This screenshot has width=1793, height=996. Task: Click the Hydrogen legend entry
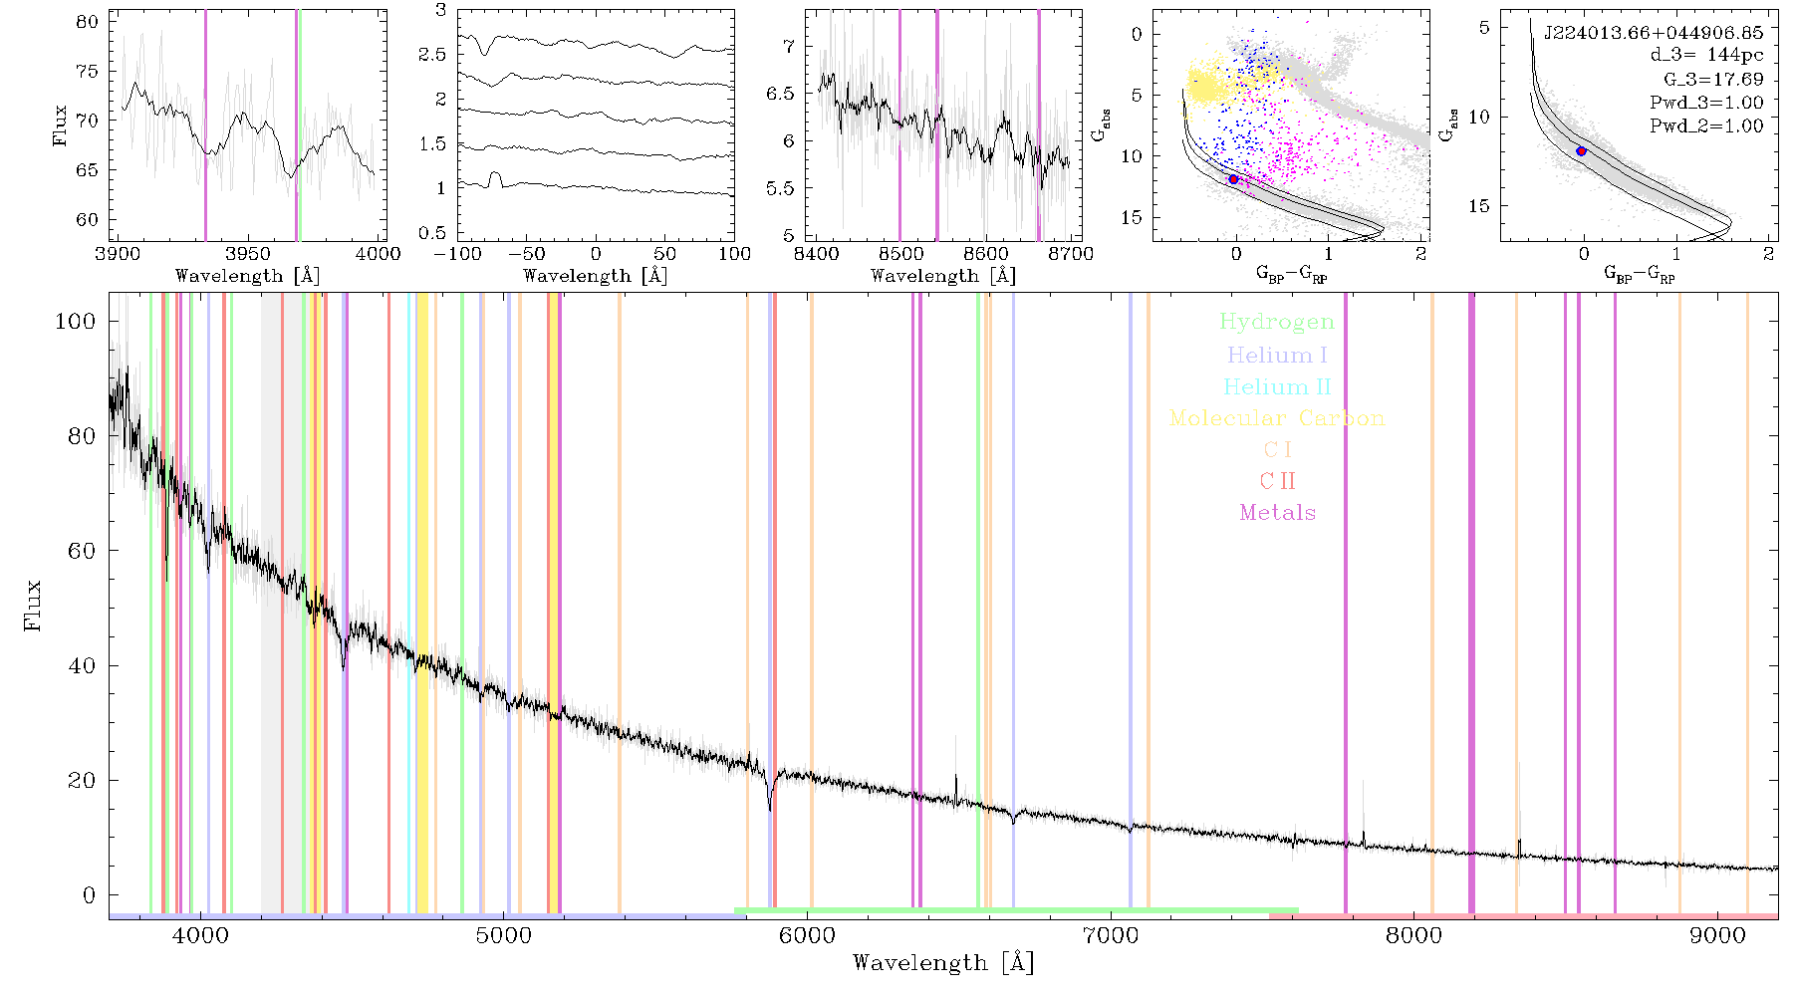(1276, 322)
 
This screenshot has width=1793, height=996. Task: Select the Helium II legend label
(1277, 386)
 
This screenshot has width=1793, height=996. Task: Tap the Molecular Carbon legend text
(1277, 418)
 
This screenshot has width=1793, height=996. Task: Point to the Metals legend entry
(1278, 513)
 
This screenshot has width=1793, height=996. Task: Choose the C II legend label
(1277, 481)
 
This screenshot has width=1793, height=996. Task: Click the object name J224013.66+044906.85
(1654, 33)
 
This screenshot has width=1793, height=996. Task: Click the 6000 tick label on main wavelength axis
(807, 935)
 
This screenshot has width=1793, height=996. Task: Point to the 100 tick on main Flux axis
(76, 321)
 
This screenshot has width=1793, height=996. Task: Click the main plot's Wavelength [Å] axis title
(943, 963)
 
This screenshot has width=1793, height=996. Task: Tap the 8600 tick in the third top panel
(987, 253)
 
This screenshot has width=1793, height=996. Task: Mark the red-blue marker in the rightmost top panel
(1581, 151)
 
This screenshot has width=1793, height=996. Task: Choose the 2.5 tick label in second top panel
(432, 55)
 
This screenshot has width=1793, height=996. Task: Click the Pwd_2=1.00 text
(1706, 126)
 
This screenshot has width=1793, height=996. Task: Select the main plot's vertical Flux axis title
(34, 605)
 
